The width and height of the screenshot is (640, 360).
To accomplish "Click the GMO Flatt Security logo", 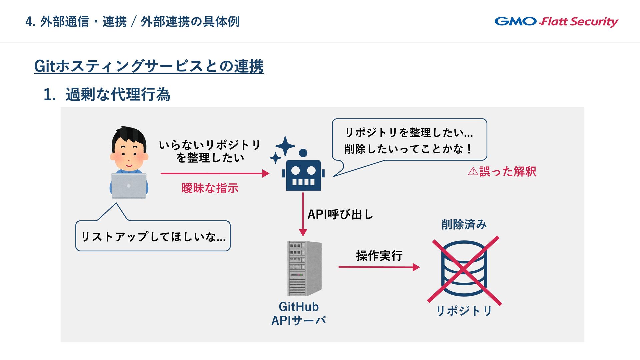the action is tap(556, 22).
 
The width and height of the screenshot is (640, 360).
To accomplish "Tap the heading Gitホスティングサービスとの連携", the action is tap(149, 66).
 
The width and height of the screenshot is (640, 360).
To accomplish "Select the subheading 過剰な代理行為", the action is tap(118, 94).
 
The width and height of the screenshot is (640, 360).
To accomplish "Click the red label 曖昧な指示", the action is tap(210, 188).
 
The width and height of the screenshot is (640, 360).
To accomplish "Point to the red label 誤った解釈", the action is tap(502, 171).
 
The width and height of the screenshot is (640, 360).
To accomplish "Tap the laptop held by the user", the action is tap(129, 186).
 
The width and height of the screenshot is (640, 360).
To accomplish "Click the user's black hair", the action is tap(129, 136).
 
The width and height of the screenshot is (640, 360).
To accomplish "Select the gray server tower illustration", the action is tap(304, 268).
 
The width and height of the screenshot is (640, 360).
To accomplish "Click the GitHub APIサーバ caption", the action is tap(299, 313).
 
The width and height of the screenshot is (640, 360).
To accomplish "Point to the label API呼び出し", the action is tap(340, 214).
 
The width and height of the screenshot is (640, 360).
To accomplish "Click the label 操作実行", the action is tap(379, 256).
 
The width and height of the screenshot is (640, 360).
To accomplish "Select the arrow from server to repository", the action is tap(379, 267).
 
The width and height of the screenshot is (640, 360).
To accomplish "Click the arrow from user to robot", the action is tap(215, 173).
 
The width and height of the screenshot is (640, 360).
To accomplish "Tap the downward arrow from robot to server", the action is tap(303, 214).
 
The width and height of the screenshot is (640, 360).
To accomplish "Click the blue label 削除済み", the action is tap(464, 224).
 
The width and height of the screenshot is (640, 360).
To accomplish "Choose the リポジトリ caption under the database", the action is tap(464, 311).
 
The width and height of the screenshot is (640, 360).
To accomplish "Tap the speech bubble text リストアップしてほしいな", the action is tap(153, 237).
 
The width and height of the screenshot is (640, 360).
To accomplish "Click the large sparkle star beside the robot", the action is tap(285, 146).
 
